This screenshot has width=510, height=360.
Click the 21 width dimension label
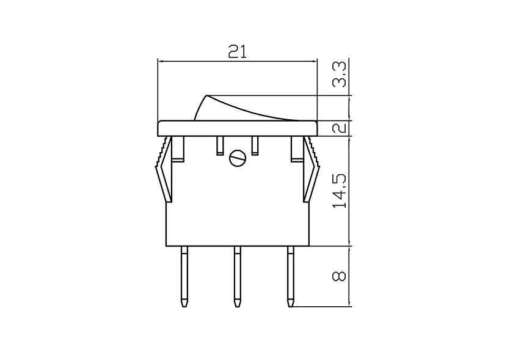point(238,51)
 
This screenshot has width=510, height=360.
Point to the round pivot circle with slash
point(237,159)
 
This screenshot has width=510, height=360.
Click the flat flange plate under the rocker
point(238,128)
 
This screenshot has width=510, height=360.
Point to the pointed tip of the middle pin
point(237,303)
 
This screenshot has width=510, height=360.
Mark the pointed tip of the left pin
point(184,303)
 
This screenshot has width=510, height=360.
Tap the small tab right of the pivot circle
point(255,145)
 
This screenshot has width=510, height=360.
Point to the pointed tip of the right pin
point(290,303)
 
